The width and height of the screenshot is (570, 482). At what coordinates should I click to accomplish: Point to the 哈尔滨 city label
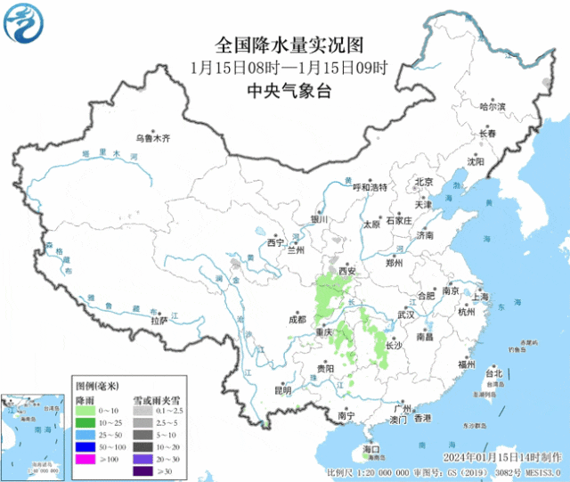pos(492,106)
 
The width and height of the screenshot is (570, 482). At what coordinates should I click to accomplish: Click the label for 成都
pos(297,319)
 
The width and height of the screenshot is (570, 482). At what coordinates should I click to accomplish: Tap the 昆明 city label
pos(282,389)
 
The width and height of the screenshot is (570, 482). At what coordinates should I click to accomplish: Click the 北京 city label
pos(423,182)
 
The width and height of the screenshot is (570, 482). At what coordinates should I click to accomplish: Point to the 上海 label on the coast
pos(481,297)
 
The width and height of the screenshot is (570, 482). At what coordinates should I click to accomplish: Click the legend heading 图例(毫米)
pos(96,386)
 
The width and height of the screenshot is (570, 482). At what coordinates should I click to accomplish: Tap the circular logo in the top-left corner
pos(23,23)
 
